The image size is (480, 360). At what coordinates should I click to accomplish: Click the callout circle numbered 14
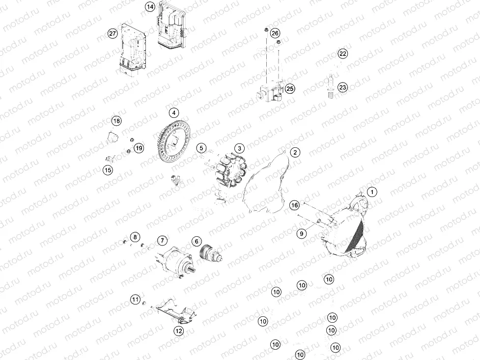pyautogui.click(x=150, y=7)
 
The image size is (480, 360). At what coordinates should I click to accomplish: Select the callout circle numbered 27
pyautogui.click(x=113, y=33)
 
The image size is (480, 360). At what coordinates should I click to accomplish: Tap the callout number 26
pyautogui.click(x=275, y=33)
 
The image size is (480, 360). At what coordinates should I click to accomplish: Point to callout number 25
pyautogui.click(x=290, y=88)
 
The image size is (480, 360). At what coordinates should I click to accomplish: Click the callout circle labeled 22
pyautogui.click(x=342, y=54)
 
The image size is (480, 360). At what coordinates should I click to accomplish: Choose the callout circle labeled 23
pyautogui.click(x=342, y=87)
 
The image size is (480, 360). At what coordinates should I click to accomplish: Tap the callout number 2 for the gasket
pyautogui.click(x=294, y=152)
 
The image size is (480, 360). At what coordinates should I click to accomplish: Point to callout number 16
pyautogui.click(x=294, y=204)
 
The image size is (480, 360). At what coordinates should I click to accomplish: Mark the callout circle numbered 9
pyautogui.click(x=302, y=234)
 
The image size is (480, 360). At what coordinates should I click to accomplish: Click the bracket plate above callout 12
pyautogui.click(x=174, y=310)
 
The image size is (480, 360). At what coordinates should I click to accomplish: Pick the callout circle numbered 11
pyautogui.click(x=135, y=299)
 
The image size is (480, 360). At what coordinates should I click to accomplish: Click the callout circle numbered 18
pyautogui.click(x=116, y=121)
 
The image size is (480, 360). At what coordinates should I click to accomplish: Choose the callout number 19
pyautogui.click(x=139, y=148)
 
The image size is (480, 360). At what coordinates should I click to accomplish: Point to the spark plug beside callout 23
pyautogui.click(x=331, y=87)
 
